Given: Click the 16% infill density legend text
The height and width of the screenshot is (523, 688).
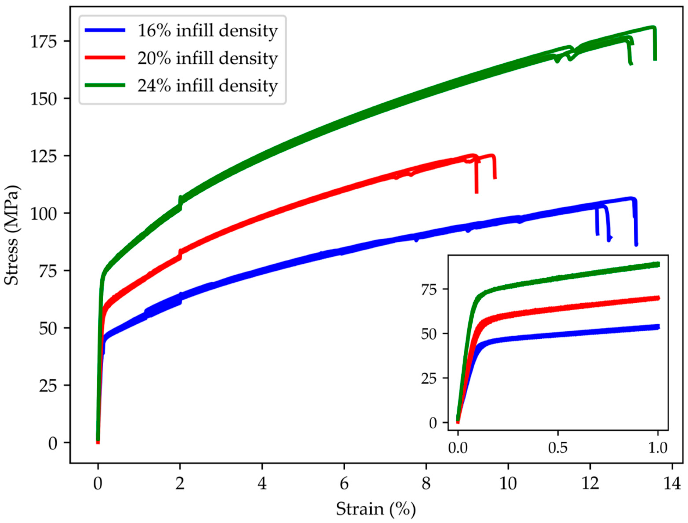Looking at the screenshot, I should click(x=207, y=31).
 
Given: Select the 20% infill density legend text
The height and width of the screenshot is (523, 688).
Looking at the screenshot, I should click(x=207, y=58).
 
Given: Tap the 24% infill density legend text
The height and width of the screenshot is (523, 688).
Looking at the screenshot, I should click(x=207, y=85).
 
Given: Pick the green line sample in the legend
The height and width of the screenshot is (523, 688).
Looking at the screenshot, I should click(x=105, y=85).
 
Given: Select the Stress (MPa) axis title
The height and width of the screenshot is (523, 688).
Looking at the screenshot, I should click(x=12, y=235).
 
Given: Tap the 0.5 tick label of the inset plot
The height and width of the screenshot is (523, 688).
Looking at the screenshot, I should click(x=558, y=448).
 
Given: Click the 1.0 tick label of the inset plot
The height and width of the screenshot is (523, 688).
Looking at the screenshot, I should click(x=657, y=448).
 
